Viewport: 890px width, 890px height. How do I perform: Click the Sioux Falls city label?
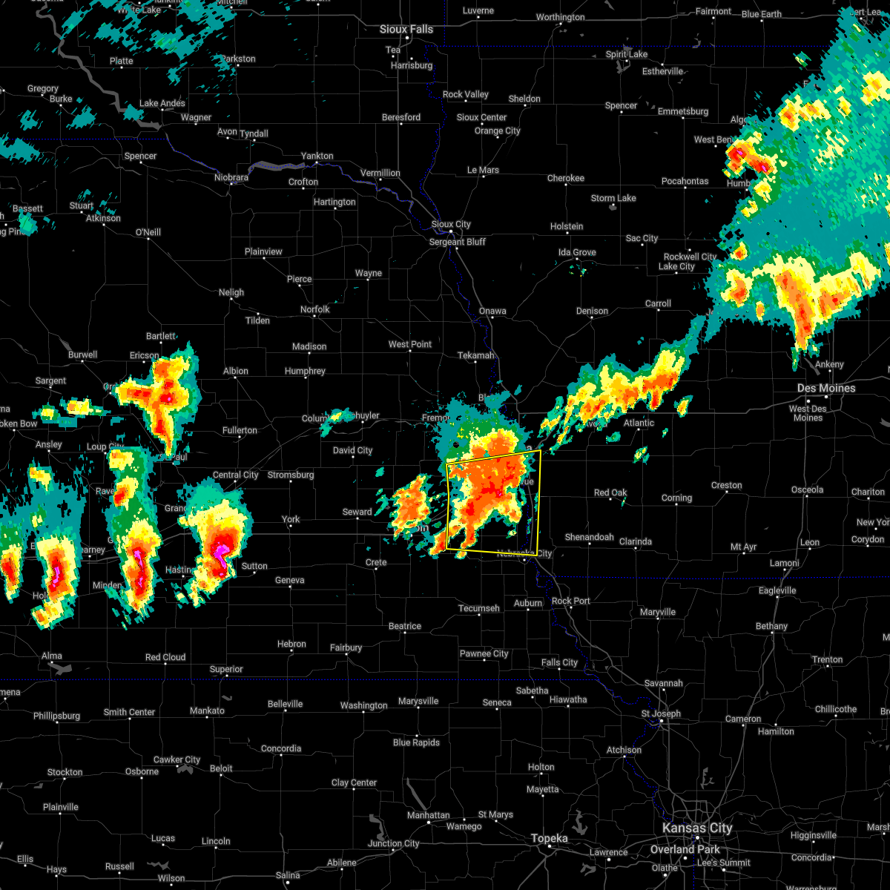(406, 29)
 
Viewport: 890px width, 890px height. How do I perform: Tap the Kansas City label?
(698, 828)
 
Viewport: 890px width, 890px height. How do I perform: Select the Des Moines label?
(826, 388)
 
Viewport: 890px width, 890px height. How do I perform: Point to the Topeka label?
(550, 838)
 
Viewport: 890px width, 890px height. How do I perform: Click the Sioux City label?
(451, 224)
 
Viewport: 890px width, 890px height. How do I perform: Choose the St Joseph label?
(661, 713)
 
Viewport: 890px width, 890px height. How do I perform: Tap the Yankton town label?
(317, 156)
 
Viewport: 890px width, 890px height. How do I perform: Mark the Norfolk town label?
(314, 309)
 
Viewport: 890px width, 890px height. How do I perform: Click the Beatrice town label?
(405, 626)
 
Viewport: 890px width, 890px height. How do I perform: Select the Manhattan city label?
(429, 815)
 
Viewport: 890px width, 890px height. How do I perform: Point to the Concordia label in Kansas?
(281, 748)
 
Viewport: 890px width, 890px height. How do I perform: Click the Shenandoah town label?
(590, 537)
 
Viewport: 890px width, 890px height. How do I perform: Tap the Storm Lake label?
(613, 198)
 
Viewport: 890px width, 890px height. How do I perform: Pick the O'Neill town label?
(148, 232)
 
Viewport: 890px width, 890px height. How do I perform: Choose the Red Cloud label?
(165, 657)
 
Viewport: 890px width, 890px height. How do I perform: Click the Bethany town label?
(771, 626)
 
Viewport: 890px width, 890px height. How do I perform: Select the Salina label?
(288, 875)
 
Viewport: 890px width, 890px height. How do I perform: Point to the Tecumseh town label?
(479, 608)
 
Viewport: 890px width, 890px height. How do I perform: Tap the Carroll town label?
(658, 303)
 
